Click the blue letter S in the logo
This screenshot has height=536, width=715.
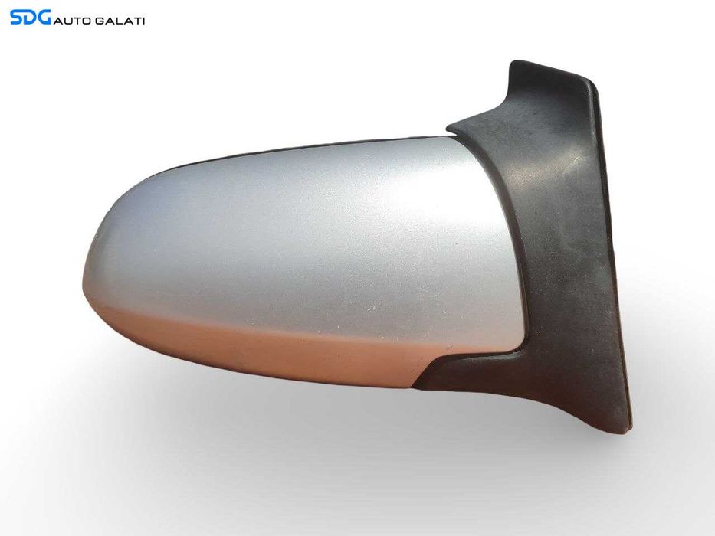point(16,18)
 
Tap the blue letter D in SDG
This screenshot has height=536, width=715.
point(30,18)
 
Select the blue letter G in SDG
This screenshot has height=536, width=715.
point(44,18)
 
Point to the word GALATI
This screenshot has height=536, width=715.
point(120,21)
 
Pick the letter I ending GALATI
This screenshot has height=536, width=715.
point(143,21)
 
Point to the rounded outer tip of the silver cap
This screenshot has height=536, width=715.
point(84,278)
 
